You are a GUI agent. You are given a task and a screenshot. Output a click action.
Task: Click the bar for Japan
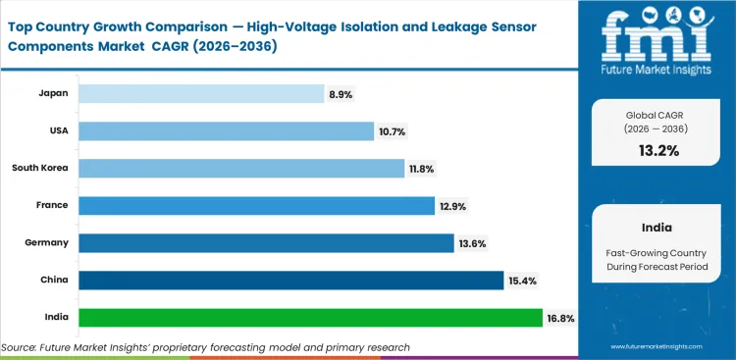point(201,93)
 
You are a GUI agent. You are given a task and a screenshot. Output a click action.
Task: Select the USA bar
point(226,130)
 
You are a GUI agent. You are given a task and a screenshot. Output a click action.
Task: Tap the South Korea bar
point(241,168)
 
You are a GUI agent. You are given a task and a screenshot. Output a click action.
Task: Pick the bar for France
point(256,205)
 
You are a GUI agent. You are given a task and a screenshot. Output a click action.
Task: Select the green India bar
point(310,318)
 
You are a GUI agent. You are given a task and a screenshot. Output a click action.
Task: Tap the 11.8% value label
point(422,169)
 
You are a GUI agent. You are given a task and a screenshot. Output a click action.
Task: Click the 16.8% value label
point(559,319)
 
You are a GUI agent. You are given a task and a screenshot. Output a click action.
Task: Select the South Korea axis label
point(40,168)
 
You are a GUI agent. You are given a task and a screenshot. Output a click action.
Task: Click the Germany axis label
point(49,242)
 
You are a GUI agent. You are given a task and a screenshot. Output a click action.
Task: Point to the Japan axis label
point(54,93)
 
